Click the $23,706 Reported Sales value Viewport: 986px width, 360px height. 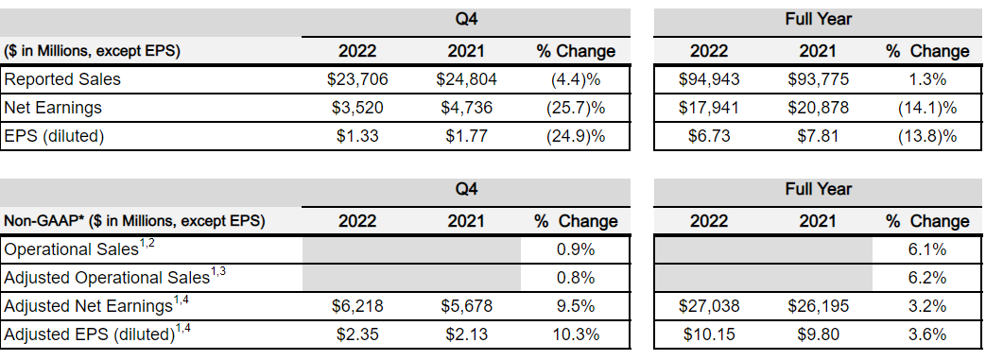pos(356,79)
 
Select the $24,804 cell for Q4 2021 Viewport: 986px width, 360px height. pos(466,79)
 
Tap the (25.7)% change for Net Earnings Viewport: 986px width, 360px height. pos(577,108)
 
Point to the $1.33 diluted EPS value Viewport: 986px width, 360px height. pos(356,136)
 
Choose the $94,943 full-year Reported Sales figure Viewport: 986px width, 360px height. pos(709,79)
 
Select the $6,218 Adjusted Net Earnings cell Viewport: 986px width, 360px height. pos(356,306)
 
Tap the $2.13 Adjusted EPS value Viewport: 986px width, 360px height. pos(466,334)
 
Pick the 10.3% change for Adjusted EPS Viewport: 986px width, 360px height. pos(577,334)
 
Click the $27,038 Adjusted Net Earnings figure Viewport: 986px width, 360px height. pos(709,306)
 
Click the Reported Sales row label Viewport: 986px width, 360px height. pos(62,79)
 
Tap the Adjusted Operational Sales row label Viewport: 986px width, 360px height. pos(106,278)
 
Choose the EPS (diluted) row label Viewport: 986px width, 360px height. pos(54,136)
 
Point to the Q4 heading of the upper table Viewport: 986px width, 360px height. pos(466,19)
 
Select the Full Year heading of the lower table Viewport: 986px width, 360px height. pos(818,189)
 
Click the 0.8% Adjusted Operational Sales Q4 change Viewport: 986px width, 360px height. pos(577,278)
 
